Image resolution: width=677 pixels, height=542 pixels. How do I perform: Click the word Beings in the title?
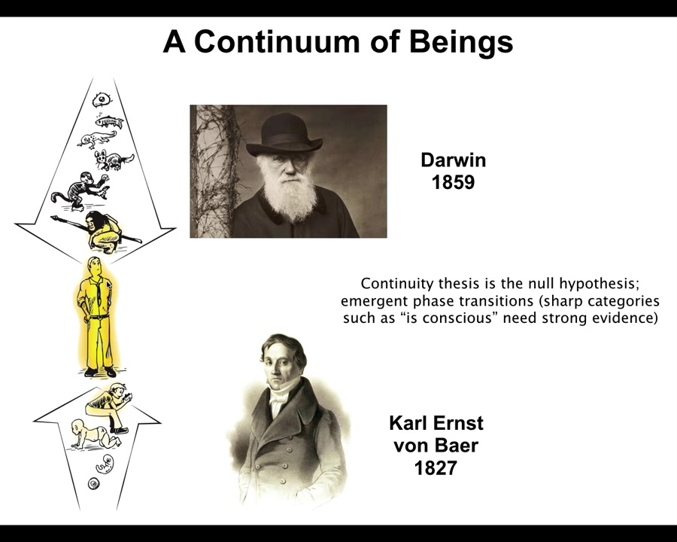tap(461, 43)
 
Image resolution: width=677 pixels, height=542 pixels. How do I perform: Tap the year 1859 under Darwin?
tap(453, 182)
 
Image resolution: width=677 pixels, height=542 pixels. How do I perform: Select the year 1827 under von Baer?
tap(436, 468)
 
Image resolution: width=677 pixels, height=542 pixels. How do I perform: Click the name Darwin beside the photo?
tap(454, 160)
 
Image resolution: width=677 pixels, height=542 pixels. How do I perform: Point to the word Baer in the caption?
tap(457, 446)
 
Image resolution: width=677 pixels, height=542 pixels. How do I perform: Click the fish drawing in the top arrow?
tap(109, 121)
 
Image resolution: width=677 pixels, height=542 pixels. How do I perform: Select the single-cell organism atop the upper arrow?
tap(102, 100)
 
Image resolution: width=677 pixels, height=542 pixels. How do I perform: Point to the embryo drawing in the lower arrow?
tap(105, 464)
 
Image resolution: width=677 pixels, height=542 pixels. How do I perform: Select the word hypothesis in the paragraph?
tap(599, 284)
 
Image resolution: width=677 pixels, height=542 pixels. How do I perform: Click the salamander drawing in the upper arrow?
tap(97, 139)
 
